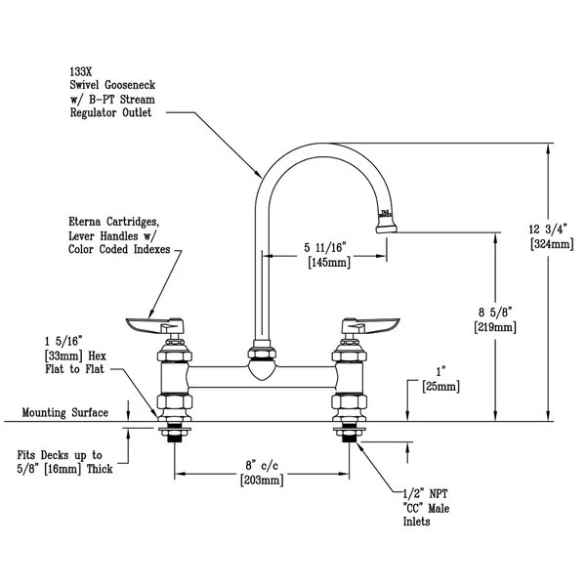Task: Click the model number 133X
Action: click(x=82, y=71)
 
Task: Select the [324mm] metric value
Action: click(x=549, y=244)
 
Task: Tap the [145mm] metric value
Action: click(x=328, y=264)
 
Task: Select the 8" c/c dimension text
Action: click(x=261, y=466)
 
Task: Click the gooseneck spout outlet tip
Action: click(x=387, y=229)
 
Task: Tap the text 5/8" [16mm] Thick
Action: click(x=66, y=469)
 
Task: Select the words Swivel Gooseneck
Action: click(x=115, y=85)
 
